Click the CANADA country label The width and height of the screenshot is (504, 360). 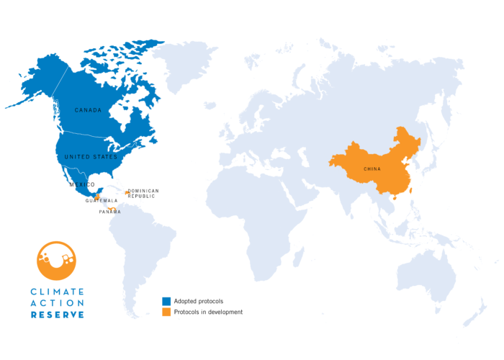pyautogui.click(x=88, y=110)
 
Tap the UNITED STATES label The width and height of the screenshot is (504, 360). pyautogui.click(x=91, y=156)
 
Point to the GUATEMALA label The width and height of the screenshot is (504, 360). pyautogui.click(x=102, y=200)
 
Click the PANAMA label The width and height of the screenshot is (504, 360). pyautogui.click(x=110, y=212)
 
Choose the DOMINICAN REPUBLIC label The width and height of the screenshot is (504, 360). pyautogui.click(x=143, y=193)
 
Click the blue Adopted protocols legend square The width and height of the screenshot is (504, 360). pyautogui.click(x=166, y=301)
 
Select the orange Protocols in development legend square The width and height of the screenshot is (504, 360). pyautogui.click(x=166, y=312)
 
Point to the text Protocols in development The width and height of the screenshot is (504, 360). pyautogui.click(x=208, y=312)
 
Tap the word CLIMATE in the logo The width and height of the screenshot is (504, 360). pyautogui.click(x=57, y=292)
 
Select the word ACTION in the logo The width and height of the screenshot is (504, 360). pyautogui.click(x=57, y=303)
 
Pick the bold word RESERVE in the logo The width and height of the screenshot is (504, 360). pyautogui.click(x=57, y=315)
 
